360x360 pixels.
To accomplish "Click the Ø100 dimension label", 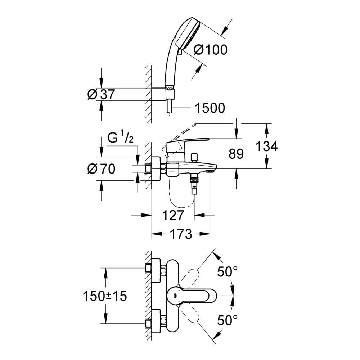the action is tap(211, 50).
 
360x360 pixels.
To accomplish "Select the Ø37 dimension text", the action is tap(101, 94).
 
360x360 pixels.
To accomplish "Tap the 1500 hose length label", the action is tap(210, 108).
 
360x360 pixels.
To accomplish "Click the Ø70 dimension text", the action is tap(101, 169).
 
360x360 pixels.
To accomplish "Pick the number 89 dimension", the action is tap(236, 154).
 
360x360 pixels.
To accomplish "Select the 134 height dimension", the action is tap(267, 146).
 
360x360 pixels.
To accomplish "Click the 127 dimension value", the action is tap(174, 215).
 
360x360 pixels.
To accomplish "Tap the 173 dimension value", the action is tap(181, 234).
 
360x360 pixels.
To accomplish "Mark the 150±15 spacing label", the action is tap(105, 296).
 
